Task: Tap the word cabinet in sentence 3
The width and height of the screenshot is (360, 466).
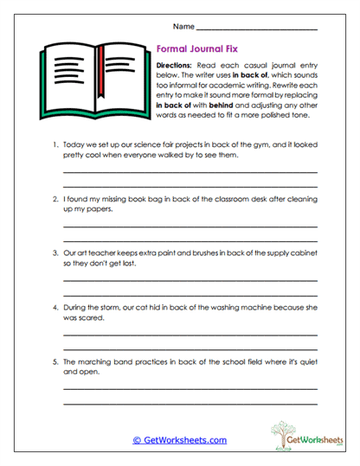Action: tap(299, 251)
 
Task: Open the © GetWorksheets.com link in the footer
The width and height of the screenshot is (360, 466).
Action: tap(180, 439)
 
